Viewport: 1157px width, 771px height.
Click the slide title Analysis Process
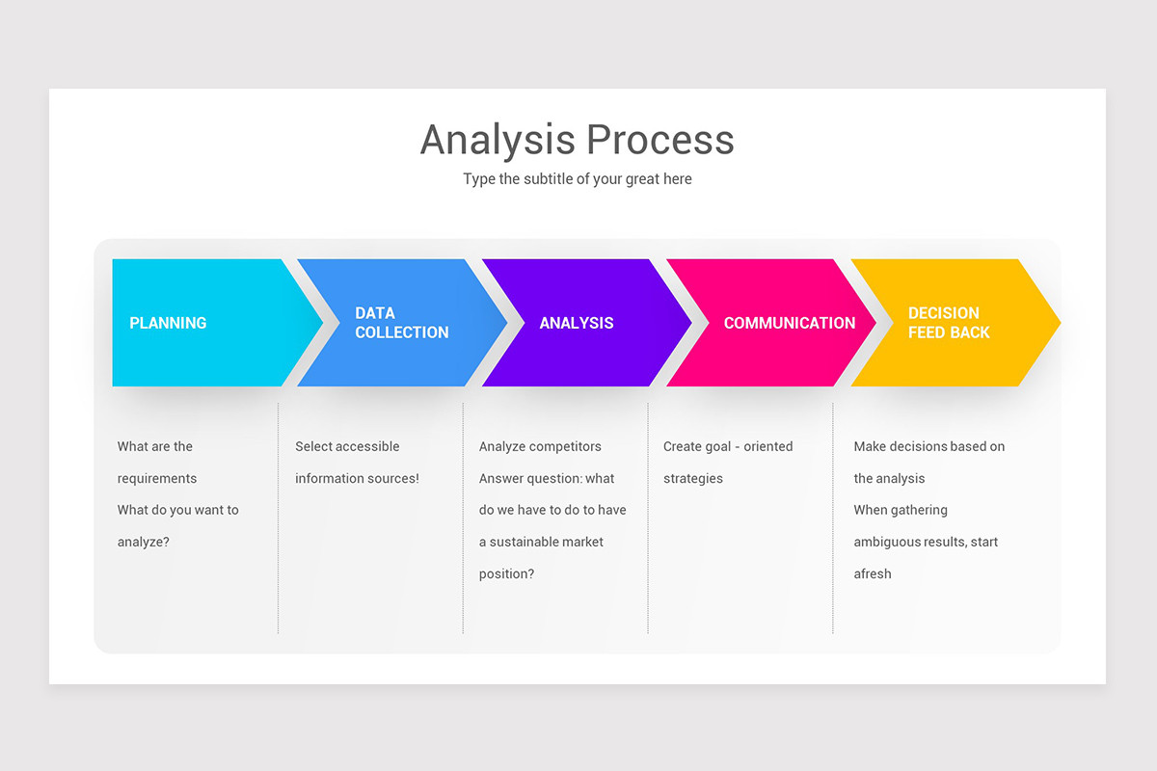pyautogui.click(x=577, y=140)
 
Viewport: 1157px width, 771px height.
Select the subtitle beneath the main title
pyautogui.click(x=577, y=179)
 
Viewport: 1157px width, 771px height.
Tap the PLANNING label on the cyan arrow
pyautogui.click(x=168, y=324)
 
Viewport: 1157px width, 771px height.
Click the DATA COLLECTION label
pyautogui.click(x=401, y=323)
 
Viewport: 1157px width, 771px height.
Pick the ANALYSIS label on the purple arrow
pyautogui.click(x=576, y=324)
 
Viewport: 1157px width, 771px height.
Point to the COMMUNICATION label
pyautogui.click(x=789, y=324)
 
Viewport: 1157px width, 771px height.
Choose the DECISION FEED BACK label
pyautogui.click(x=949, y=323)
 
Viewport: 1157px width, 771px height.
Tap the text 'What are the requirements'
pyautogui.click(x=156, y=463)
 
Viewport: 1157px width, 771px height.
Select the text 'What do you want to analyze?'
pyautogui.click(x=177, y=525)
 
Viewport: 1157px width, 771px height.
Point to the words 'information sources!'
pyautogui.click(x=357, y=479)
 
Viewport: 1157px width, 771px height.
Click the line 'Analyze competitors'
pyautogui.click(x=540, y=446)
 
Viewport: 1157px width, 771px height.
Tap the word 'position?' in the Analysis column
pyautogui.click(x=506, y=574)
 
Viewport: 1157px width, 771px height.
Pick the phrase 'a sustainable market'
pyautogui.click(x=541, y=543)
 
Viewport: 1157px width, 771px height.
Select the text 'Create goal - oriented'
pyautogui.click(x=728, y=446)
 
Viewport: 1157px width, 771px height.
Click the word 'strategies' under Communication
pyautogui.click(x=692, y=479)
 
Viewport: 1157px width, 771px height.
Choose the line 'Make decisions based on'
pyautogui.click(x=928, y=446)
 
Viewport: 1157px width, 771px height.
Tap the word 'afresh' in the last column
pyautogui.click(x=872, y=574)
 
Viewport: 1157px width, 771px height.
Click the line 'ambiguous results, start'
pyautogui.click(x=926, y=543)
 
